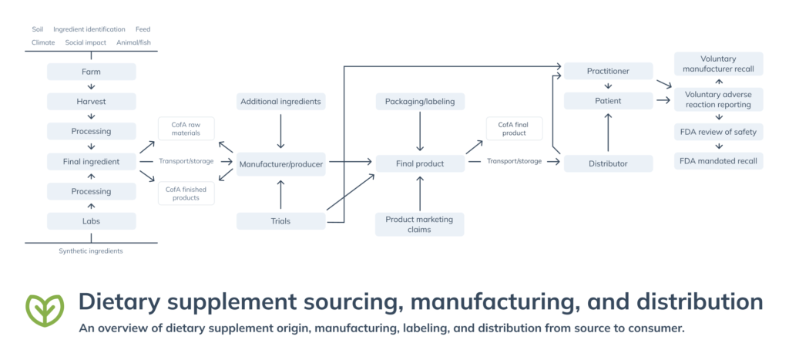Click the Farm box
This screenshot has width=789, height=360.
92,72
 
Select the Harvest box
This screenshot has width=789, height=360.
92,101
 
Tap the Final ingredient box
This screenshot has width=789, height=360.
92,162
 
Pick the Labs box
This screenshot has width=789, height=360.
92,221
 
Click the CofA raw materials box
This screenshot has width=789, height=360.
186,128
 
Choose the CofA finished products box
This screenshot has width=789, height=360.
186,193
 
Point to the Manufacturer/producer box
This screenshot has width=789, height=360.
280,163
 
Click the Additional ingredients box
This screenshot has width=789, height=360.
280,101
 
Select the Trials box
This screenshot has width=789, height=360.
280,221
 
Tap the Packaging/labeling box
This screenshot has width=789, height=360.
420,101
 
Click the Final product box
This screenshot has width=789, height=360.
420,163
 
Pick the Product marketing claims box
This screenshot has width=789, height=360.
420,224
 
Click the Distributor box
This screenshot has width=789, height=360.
608,163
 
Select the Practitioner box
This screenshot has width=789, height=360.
608,72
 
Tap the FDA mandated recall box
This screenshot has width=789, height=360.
718,162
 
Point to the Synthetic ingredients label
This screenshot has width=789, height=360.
91,251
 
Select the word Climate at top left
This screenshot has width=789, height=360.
43,42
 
